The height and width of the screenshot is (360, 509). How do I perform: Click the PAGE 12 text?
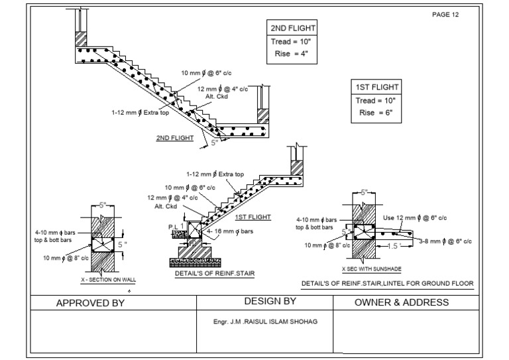pyautogui.click(x=444, y=14)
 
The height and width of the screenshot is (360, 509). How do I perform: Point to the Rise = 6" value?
pyautogui.click(x=376, y=113)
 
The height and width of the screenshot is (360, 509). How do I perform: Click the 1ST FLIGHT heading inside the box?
pyautogui.click(x=376, y=88)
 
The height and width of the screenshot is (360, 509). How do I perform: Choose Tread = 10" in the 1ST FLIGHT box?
pyautogui.click(x=376, y=100)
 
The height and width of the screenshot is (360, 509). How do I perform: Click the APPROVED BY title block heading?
pyautogui.click(x=90, y=303)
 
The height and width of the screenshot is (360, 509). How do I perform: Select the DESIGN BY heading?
pyautogui.click(x=270, y=302)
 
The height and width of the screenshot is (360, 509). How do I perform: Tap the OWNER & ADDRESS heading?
pyautogui.click(x=402, y=302)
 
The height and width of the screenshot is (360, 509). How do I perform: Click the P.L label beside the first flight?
pyautogui.click(x=173, y=226)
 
